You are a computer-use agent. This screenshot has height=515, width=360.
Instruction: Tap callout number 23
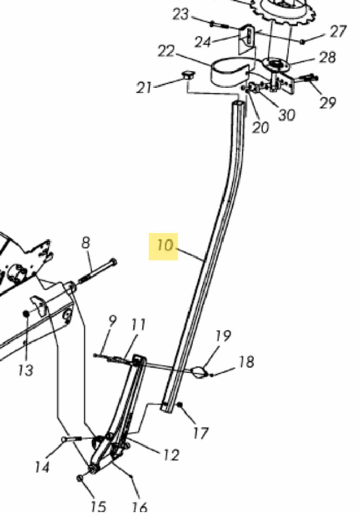coord(181,14)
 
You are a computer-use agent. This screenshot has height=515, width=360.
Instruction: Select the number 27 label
coord(338,31)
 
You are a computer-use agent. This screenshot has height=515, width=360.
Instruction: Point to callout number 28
coord(328,57)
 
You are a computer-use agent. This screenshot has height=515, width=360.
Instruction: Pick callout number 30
coord(287,115)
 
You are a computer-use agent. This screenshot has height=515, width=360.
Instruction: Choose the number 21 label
coord(145,88)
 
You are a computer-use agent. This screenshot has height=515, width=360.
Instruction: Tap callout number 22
coord(166,51)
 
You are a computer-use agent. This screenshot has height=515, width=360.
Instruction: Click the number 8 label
coord(85,243)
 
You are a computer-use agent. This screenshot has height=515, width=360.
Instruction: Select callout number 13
coord(26,370)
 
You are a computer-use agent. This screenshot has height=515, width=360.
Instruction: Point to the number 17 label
coord(200,433)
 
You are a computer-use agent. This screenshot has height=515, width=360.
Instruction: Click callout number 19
coord(224,336)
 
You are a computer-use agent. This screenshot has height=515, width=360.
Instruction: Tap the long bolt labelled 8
coord(97,271)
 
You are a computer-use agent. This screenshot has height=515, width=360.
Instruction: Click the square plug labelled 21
coord(188,76)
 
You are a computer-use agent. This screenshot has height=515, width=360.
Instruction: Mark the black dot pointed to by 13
coord(26,314)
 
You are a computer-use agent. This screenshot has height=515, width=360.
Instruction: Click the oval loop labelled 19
coord(199,372)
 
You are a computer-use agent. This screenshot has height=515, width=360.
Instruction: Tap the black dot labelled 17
coord(180,405)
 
